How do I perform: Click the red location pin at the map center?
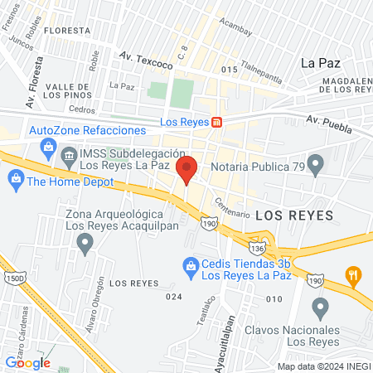click(186, 168)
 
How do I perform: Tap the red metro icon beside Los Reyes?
click(217, 122)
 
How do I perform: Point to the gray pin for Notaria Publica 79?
click(315, 163)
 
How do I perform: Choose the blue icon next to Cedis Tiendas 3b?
click(189, 264)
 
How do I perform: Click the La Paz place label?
click(320, 62)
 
